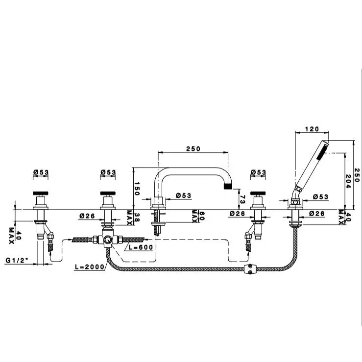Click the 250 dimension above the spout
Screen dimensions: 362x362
tap(193, 149)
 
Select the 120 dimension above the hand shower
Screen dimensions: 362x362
tap(312, 129)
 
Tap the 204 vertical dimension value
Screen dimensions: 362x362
tap(349, 180)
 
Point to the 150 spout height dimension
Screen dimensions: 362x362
tap(138, 188)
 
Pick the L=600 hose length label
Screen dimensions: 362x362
tap(142, 247)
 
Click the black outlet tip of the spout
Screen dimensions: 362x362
tap(228, 187)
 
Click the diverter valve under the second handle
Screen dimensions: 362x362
tap(106, 240)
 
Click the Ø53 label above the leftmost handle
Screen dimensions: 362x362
tap(41, 172)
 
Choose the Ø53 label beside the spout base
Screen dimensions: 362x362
tap(183, 196)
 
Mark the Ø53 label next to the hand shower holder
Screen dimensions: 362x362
tap(320, 197)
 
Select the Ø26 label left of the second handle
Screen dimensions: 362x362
tap(87, 215)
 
